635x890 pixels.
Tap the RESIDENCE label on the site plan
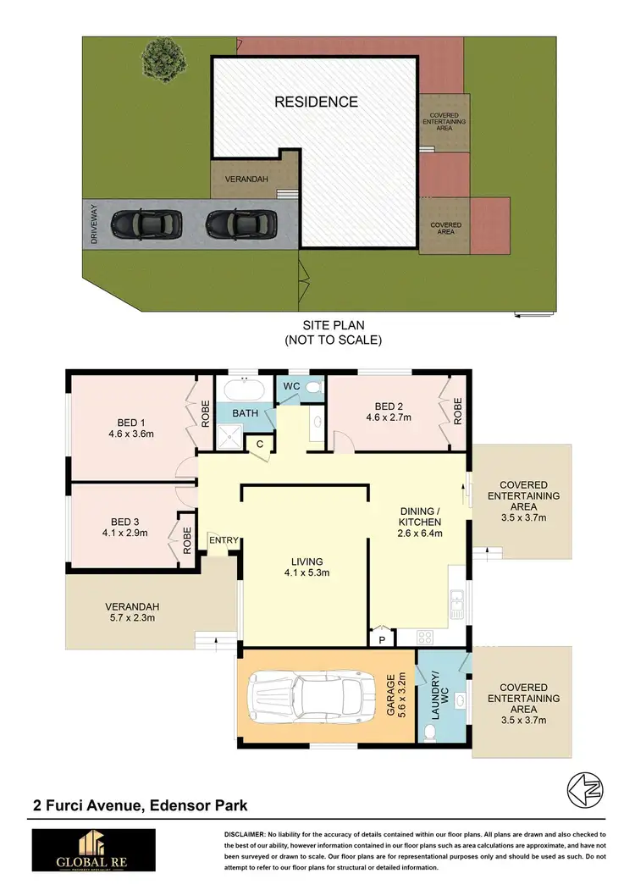point(316,102)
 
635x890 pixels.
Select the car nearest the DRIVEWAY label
point(148,224)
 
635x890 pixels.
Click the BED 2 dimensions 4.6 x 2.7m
point(389,417)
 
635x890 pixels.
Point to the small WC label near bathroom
point(291,387)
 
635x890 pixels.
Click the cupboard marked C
point(260,444)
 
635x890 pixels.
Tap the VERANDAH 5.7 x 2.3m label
point(134,612)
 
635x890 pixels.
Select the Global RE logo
point(93,849)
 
